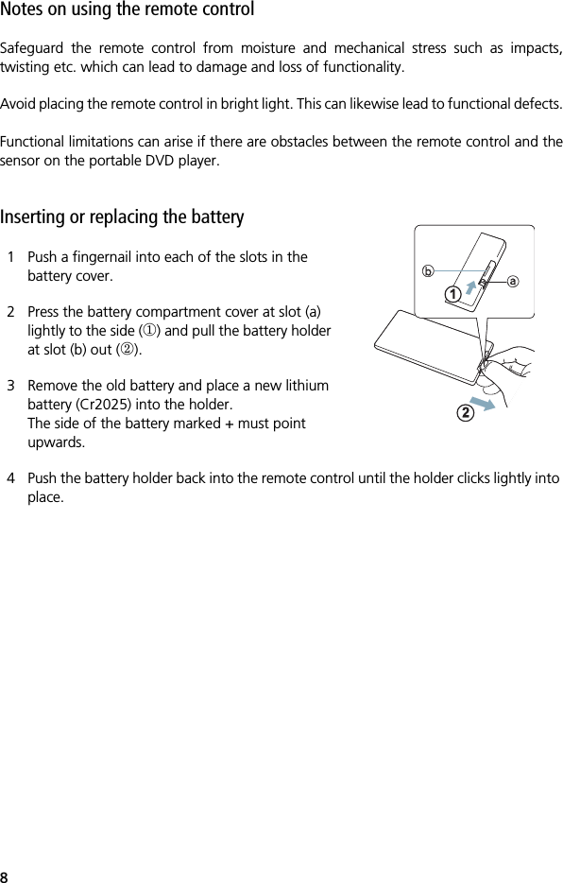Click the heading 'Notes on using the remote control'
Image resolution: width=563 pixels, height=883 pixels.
(x=127, y=10)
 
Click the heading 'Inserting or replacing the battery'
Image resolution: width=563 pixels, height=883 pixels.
(x=122, y=217)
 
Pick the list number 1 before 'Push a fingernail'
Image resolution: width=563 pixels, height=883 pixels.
(x=10, y=257)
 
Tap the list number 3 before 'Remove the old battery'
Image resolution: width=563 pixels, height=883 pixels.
(x=10, y=386)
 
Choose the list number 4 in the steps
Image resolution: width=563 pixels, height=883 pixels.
(x=10, y=478)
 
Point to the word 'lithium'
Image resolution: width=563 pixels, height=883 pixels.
(x=305, y=386)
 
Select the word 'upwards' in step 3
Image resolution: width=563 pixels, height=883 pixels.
(x=56, y=441)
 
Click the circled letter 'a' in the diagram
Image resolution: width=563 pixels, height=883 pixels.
(x=513, y=281)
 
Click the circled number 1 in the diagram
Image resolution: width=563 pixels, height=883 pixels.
(x=454, y=295)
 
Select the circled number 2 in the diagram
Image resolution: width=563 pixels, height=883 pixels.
(x=464, y=413)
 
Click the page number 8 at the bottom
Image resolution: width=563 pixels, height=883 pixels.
(x=5, y=874)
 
